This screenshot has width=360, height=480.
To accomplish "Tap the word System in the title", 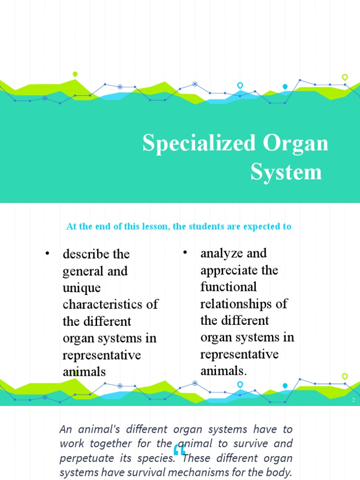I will pos(286,172).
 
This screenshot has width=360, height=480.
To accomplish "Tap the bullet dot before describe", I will pos(47,254).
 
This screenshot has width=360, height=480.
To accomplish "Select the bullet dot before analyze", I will pos(185,253).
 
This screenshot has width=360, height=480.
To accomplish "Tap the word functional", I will pos(228,287).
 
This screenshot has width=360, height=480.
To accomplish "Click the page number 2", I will pos(353,400).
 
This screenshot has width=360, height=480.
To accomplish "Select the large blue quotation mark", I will pos(180,450).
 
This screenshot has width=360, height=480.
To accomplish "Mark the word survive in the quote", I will pos(254,443).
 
